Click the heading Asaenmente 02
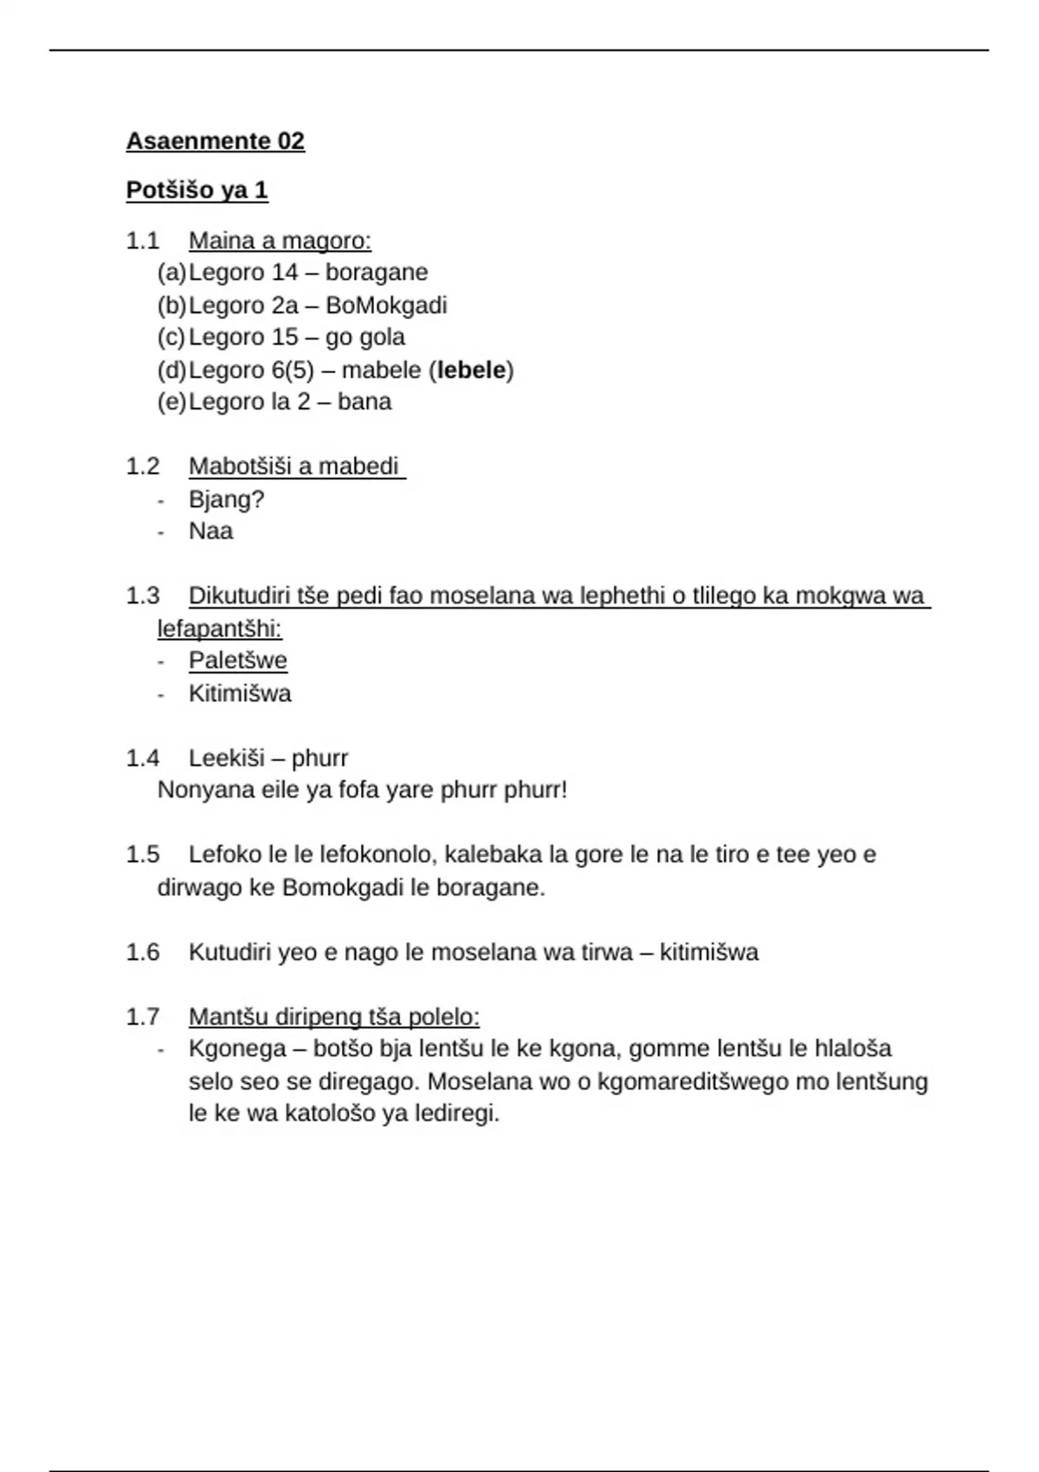click(x=215, y=141)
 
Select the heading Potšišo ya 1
click(x=197, y=190)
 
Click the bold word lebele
click(x=471, y=371)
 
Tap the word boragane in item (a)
click(x=377, y=273)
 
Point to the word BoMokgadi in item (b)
click(x=386, y=306)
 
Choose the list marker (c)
click(x=171, y=338)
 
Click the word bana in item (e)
click(x=365, y=403)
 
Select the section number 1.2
click(x=143, y=468)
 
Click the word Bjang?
click(x=226, y=500)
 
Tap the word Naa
click(x=210, y=532)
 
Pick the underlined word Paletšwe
click(x=238, y=661)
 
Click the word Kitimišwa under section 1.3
click(x=240, y=694)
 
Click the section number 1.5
click(x=143, y=855)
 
